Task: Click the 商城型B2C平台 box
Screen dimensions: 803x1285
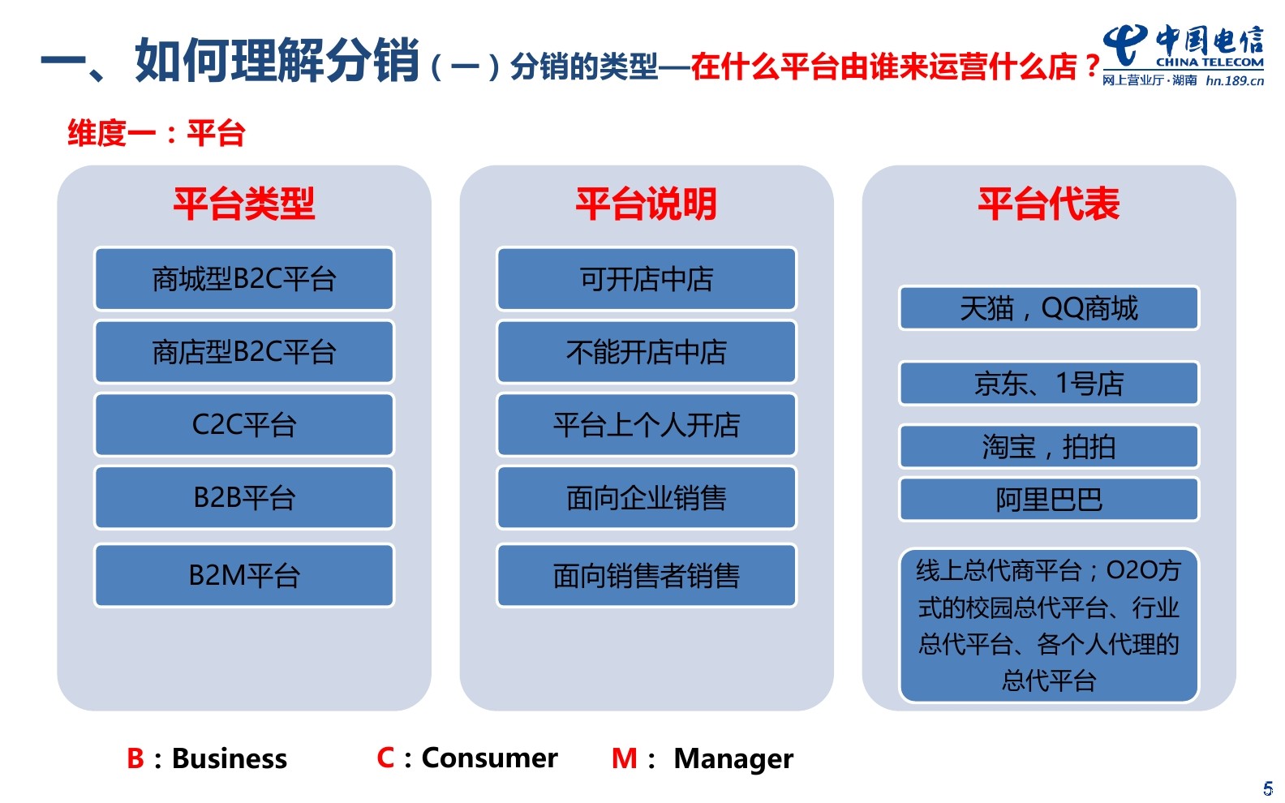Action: click(x=244, y=279)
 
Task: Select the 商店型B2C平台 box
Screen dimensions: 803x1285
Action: click(x=244, y=352)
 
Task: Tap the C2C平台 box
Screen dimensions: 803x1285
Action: click(x=244, y=425)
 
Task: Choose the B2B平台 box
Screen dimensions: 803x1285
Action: click(x=244, y=497)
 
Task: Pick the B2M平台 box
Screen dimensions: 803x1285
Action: click(x=244, y=575)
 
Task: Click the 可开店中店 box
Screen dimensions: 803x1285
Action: click(x=647, y=279)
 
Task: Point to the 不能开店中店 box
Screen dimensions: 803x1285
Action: click(x=647, y=352)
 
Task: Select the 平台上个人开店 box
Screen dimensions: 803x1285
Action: click(x=647, y=425)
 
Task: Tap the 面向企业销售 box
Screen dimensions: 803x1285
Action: click(x=647, y=497)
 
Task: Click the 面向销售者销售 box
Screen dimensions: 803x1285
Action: click(x=647, y=575)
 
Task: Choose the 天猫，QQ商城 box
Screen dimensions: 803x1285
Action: click(x=1048, y=308)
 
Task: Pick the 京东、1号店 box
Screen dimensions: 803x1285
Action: click(x=1048, y=383)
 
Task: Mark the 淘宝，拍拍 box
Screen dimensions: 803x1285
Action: click(x=1048, y=446)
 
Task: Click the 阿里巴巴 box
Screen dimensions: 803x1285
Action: click(x=1048, y=499)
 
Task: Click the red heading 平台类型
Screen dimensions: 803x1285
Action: click(x=244, y=204)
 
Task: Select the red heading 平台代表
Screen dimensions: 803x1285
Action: click(x=1048, y=204)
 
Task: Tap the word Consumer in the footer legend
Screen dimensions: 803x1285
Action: click(x=489, y=758)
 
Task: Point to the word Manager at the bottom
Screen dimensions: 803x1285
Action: click(x=733, y=759)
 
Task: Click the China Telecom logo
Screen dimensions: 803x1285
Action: click(x=1183, y=55)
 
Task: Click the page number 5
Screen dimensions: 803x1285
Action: click(x=1267, y=788)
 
